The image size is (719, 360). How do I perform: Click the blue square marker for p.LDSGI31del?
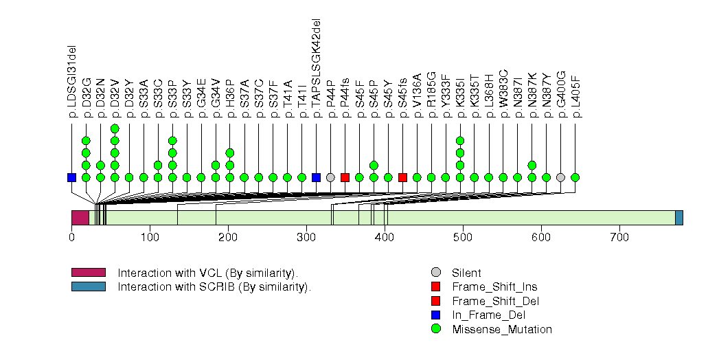(x=71, y=177)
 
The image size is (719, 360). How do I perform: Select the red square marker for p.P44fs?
(x=345, y=177)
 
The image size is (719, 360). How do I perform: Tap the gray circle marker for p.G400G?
(x=560, y=177)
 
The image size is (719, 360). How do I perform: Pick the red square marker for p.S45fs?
(x=402, y=177)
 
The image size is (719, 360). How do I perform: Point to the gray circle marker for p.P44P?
(x=330, y=177)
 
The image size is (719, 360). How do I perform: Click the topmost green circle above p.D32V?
(x=115, y=128)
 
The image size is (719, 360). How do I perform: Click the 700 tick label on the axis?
(x=619, y=238)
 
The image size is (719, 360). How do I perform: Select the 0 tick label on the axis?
(x=71, y=238)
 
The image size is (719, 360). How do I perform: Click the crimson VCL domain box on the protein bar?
(x=80, y=218)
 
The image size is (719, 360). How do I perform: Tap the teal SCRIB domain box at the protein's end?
(x=678, y=218)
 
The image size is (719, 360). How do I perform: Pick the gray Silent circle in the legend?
(x=435, y=273)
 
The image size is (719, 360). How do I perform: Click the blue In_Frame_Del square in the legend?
(x=435, y=315)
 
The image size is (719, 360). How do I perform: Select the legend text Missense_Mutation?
(x=502, y=330)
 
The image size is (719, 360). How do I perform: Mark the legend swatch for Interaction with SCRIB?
(x=88, y=286)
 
